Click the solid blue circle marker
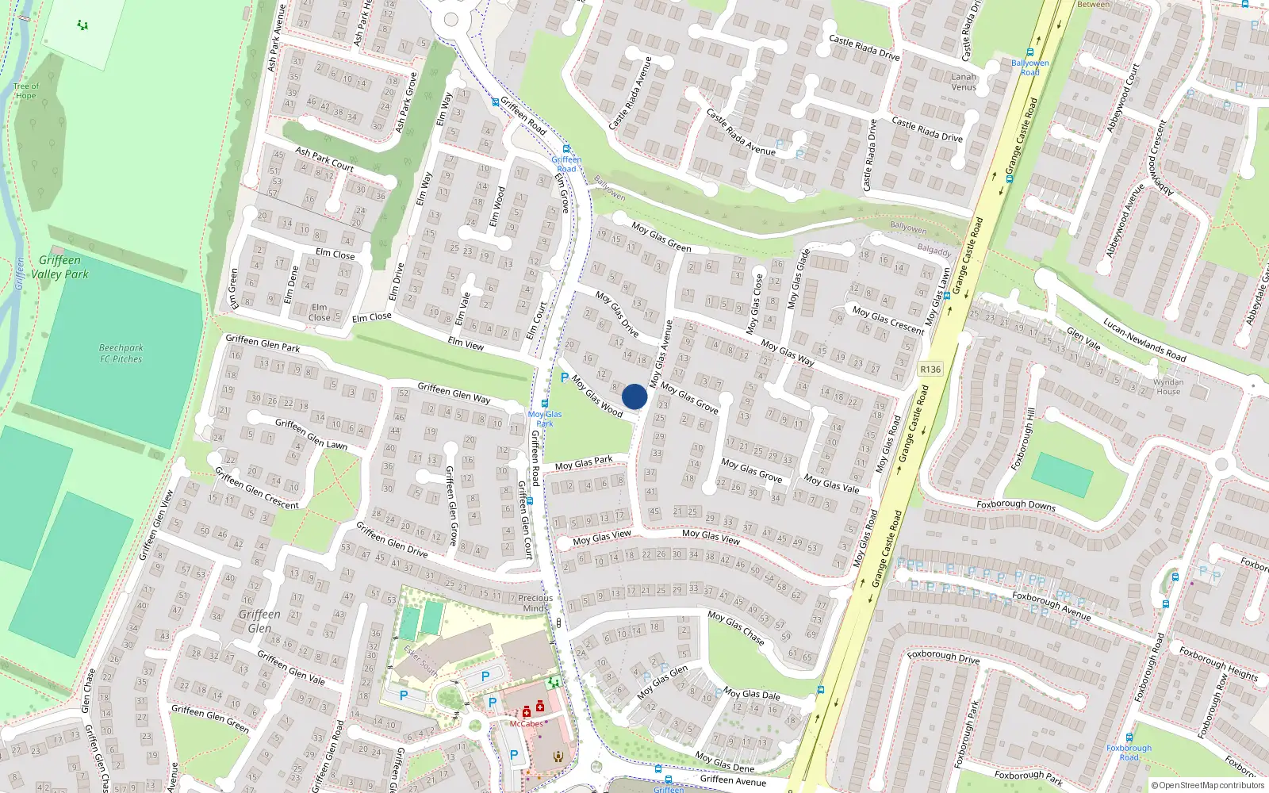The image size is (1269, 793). coord(634,396)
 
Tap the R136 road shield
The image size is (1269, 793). coord(930,370)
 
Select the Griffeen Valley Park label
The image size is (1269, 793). coord(59,267)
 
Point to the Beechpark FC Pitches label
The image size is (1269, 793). coord(121,353)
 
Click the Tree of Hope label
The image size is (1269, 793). coord(25,91)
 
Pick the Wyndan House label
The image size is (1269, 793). coord(1168,386)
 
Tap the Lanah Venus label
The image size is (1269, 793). coord(964,82)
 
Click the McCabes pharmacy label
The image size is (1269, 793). coord(527,723)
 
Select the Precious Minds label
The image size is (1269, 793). coord(535,603)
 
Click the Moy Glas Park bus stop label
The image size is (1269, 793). coord(545,419)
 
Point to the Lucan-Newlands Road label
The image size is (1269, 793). coord(1144,339)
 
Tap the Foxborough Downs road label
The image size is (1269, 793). coord(1016,504)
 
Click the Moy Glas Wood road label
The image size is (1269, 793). coord(597,395)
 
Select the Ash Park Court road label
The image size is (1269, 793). coord(324,159)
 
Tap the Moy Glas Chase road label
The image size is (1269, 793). coord(736,627)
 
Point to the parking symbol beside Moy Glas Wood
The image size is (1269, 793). coord(565,378)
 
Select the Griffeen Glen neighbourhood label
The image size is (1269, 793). coord(259,621)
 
